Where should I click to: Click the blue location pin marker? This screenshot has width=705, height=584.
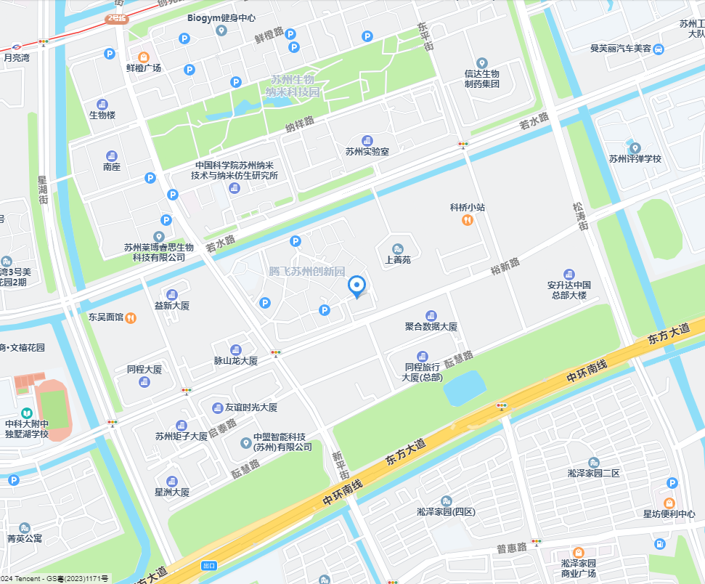click(356, 287)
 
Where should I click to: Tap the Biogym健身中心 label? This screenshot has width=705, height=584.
click(221, 17)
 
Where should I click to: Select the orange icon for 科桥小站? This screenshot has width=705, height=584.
click(468, 220)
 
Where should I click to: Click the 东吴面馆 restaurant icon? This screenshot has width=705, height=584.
click(130, 317)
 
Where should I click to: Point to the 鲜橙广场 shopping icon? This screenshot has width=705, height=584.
click(143, 56)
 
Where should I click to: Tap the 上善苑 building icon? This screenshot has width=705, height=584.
click(397, 248)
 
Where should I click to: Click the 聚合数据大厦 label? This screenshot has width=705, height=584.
click(431, 327)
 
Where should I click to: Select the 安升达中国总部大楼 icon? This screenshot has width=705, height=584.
click(569, 274)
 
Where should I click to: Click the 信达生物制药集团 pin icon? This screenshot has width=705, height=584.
click(482, 62)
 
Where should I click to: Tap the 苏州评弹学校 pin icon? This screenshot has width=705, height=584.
click(635, 147)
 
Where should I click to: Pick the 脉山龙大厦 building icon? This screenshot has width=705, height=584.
click(235, 350)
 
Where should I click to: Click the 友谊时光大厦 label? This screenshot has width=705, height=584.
click(250, 407)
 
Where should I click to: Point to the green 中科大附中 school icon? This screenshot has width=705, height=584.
click(27, 413)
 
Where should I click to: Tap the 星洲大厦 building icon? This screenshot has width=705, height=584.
click(172, 481)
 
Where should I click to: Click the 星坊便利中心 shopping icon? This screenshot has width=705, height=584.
click(669, 503)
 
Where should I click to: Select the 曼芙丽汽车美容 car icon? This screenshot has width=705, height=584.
click(658, 49)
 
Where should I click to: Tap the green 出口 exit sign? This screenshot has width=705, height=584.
click(209, 565)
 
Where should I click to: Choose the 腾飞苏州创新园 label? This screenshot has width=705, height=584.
click(296, 272)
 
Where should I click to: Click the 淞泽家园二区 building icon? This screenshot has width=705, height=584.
click(593, 463)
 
